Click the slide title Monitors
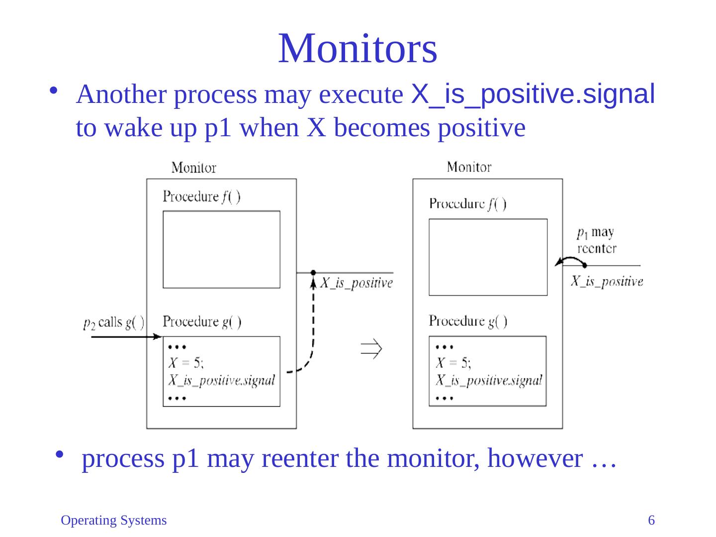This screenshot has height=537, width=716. pos(358,48)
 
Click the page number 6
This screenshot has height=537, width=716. pos(651,521)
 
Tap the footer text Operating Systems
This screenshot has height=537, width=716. pos(113,521)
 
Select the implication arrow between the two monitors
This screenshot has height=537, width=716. pos(371,349)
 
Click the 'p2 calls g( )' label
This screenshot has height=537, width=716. pos(114,323)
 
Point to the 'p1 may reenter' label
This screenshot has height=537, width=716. pos(596,240)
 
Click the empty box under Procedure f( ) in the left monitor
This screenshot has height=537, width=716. pos(221,249)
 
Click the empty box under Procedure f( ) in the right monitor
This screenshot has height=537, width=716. pos(488,257)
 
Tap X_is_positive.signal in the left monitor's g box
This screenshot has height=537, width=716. pos(221,380)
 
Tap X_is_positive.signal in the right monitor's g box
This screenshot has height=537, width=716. pos(489,380)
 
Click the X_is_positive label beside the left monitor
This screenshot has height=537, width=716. pos(356,283)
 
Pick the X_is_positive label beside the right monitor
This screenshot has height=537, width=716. pos(606,281)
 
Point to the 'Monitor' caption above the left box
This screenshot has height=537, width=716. pos(193,168)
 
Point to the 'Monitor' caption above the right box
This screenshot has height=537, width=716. pos(469,167)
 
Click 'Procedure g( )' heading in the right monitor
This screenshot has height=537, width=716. pos(468,321)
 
